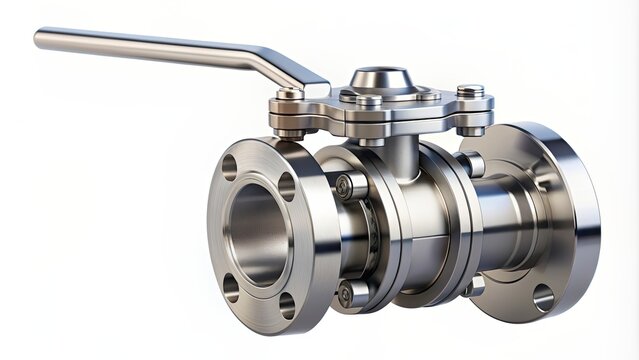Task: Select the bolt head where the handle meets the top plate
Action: pos(290,93)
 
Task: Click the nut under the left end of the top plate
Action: pos(291,131)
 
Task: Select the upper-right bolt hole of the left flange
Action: pos(287,187)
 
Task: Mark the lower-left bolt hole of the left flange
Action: pos(231,287)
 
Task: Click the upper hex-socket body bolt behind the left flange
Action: pos(345,186)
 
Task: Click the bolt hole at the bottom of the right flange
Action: pos(543,297)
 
